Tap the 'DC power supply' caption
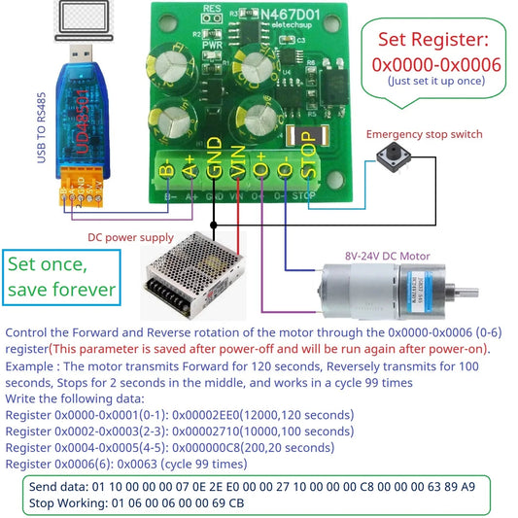132,236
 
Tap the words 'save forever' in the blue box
61,289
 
